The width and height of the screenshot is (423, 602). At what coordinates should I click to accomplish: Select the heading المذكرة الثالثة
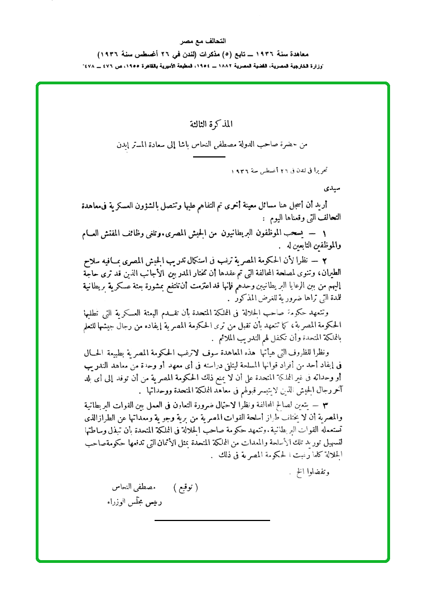(x=212, y=123)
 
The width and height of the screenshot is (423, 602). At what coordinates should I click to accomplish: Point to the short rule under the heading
(x=209, y=157)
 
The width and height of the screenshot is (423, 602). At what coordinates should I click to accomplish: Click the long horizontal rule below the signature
(x=212, y=520)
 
